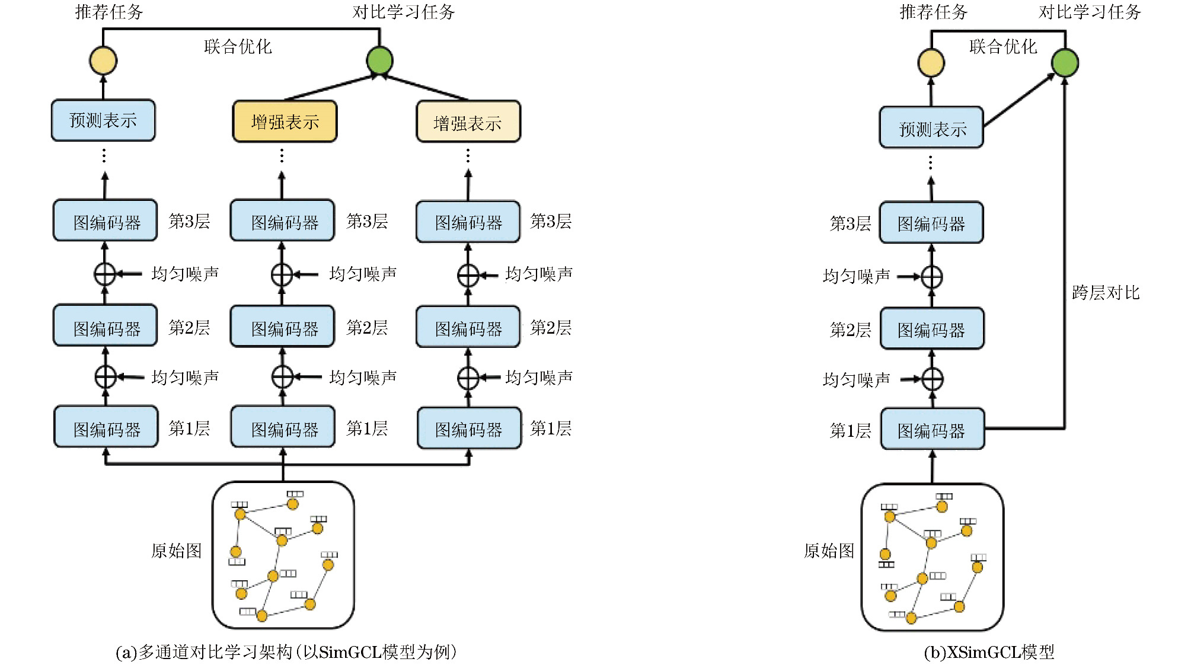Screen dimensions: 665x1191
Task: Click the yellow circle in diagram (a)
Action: [x=103, y=61]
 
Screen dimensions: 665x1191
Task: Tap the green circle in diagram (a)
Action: [x=379, y=60]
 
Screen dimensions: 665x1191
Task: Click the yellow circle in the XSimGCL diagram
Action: [x=931, y=63]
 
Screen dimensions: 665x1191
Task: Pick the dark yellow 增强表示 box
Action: [x=285, y=122]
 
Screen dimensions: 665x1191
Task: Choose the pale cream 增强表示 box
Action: [x=468, y=122]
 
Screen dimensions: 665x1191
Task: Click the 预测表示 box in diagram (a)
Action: [x=103, y=120]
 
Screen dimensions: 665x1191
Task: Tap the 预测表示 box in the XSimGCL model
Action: [x=931, y=128]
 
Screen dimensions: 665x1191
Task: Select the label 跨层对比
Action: [x=1105, y=293]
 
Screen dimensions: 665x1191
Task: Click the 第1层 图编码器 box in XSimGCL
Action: [x=932, y=430]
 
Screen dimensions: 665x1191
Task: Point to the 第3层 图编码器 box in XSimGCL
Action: [x=931, y=223]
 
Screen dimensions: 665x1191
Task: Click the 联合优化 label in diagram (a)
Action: [x=238, y=47]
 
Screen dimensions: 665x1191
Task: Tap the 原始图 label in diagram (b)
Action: [x=828, y=551]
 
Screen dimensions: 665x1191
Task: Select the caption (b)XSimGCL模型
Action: [x=989, y=653]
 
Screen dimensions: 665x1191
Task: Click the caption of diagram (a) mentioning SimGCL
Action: [x=286, y=653]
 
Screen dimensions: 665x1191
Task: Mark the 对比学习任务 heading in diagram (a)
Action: [x=403, y=12]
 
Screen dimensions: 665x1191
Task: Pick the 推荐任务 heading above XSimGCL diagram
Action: [x=933, y=12]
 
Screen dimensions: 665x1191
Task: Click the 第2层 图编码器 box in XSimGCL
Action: [x=931, y=329]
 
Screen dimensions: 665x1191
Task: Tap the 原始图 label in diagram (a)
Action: [x=176, y=551]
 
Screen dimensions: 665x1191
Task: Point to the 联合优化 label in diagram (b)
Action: [x=1002, y=47]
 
